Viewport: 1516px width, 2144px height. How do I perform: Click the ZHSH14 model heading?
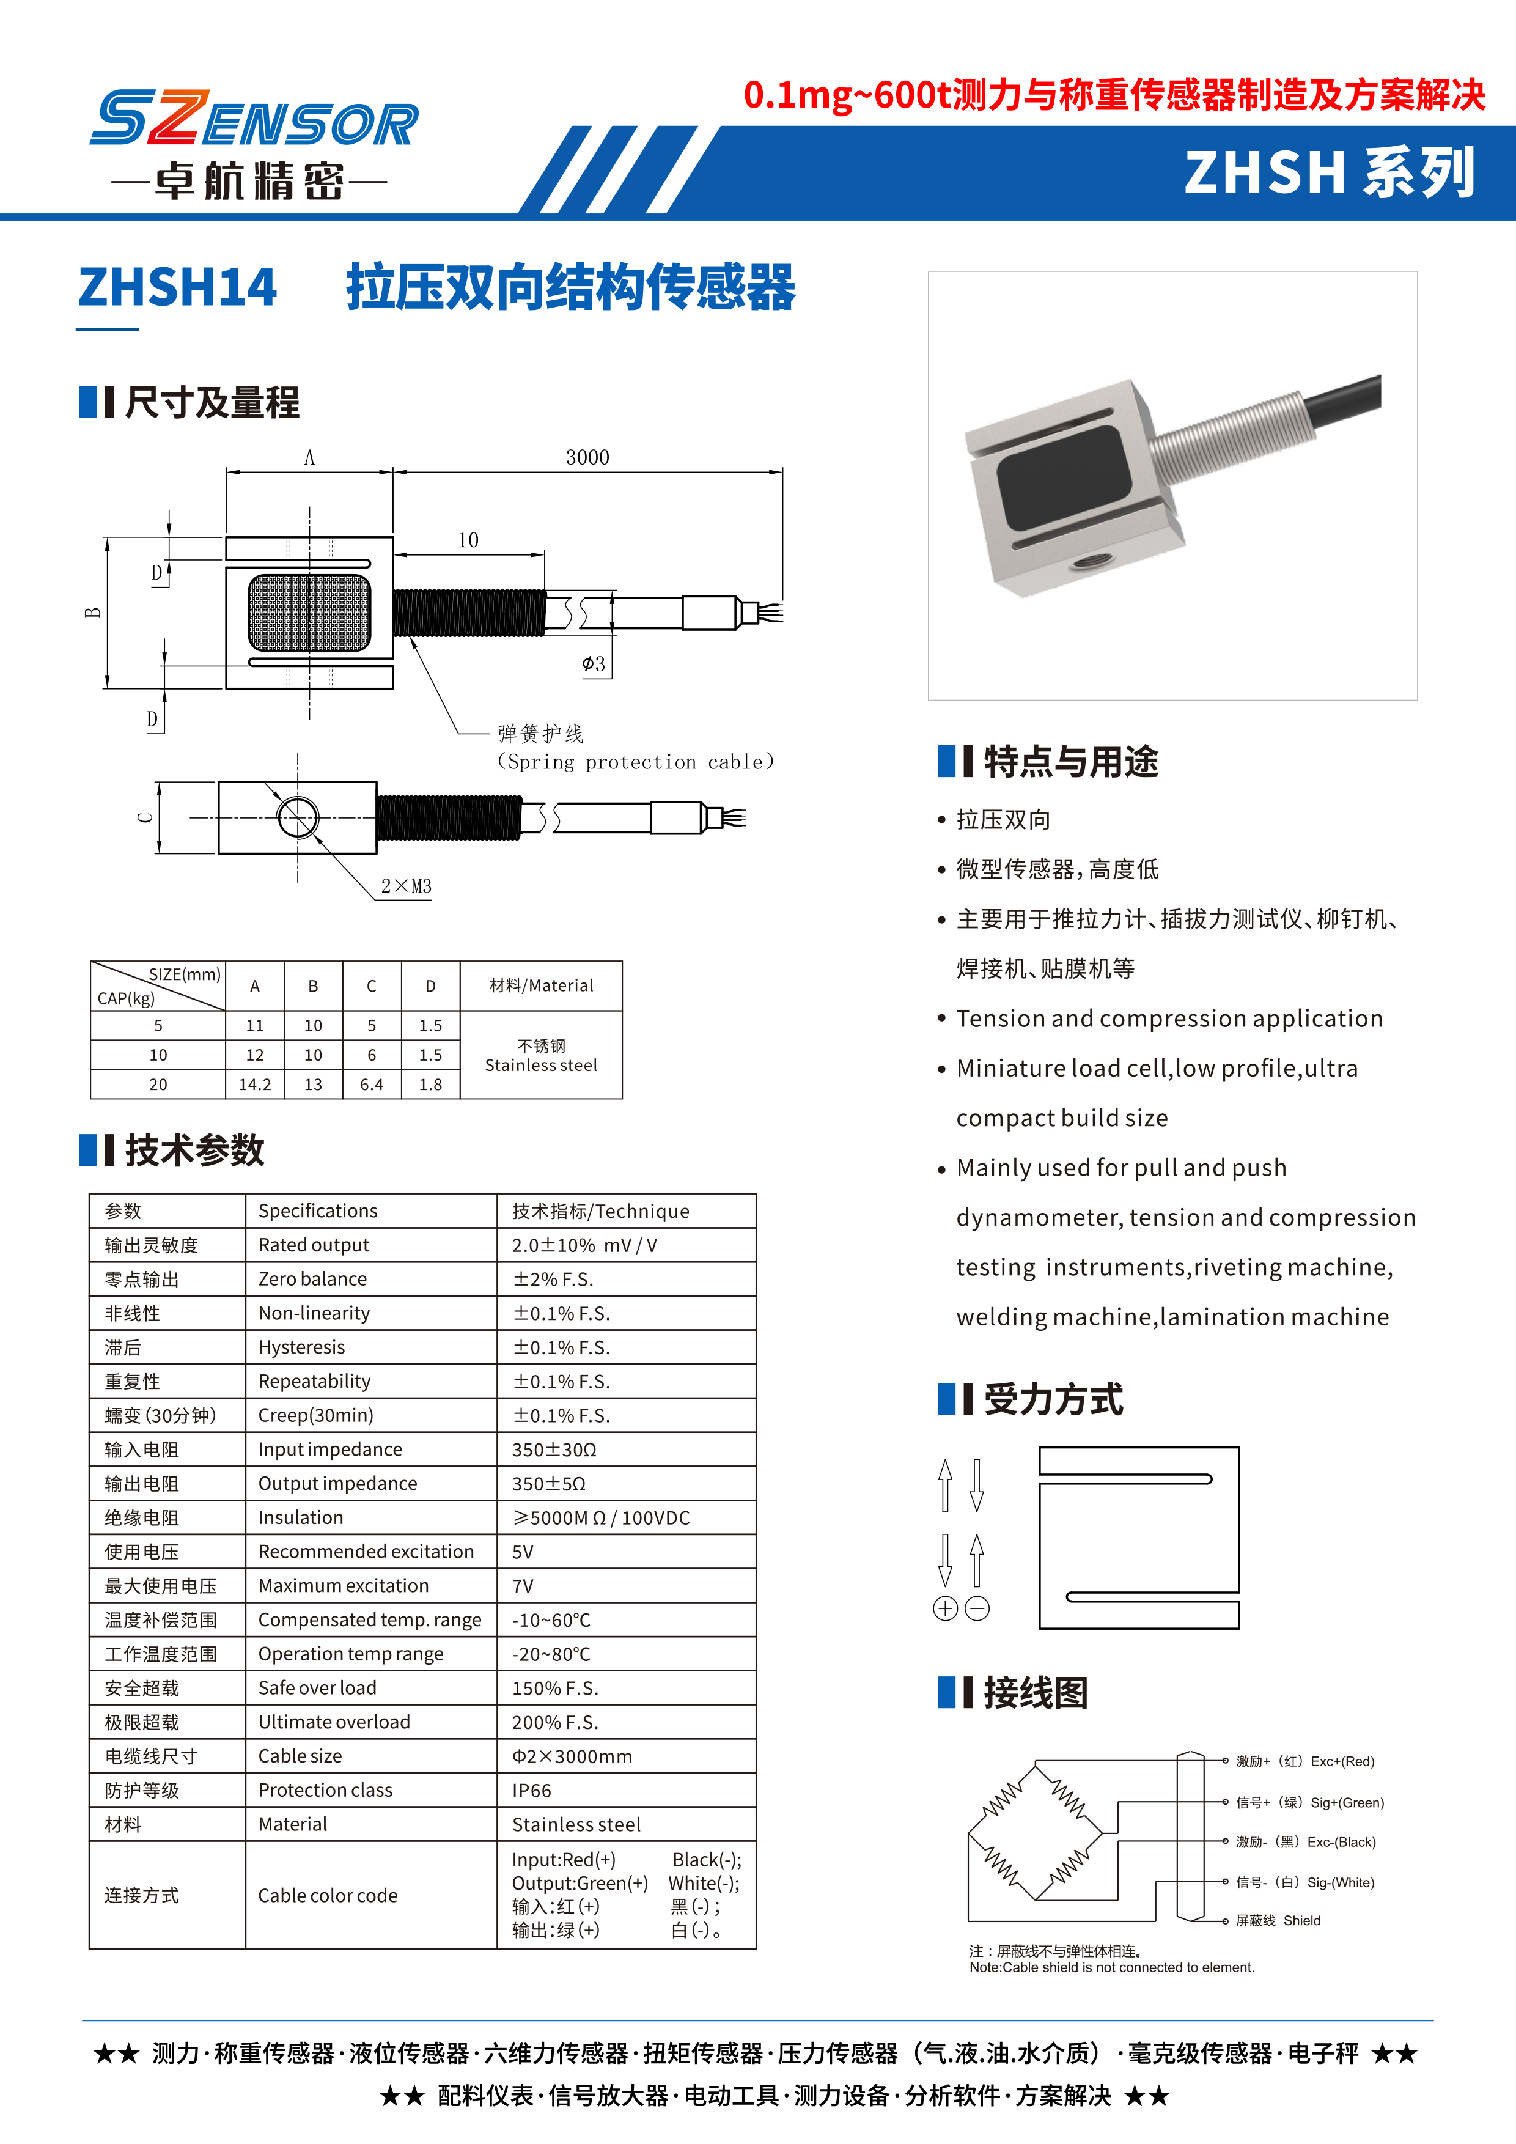pos(177,287)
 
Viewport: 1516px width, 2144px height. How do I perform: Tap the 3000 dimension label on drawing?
pos(587,457)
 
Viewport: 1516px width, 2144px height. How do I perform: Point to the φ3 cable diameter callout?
pos(594,664)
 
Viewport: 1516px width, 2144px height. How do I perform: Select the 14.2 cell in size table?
pos(255,1084)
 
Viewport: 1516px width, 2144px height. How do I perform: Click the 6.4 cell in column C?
pos(372,1084)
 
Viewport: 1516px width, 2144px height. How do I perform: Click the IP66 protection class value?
pos(532,1790)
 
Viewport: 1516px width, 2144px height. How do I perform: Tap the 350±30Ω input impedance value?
pos(554,1450)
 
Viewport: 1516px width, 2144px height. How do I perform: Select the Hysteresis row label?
pos(301,1347)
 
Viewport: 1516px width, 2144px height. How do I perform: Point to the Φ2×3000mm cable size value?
pos(572,1756)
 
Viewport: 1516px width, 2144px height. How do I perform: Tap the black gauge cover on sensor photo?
pos(1063,476)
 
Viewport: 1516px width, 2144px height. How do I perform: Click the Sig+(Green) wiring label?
pos(1346,1802)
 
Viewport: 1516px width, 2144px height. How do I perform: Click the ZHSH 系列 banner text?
pos(1330,173)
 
